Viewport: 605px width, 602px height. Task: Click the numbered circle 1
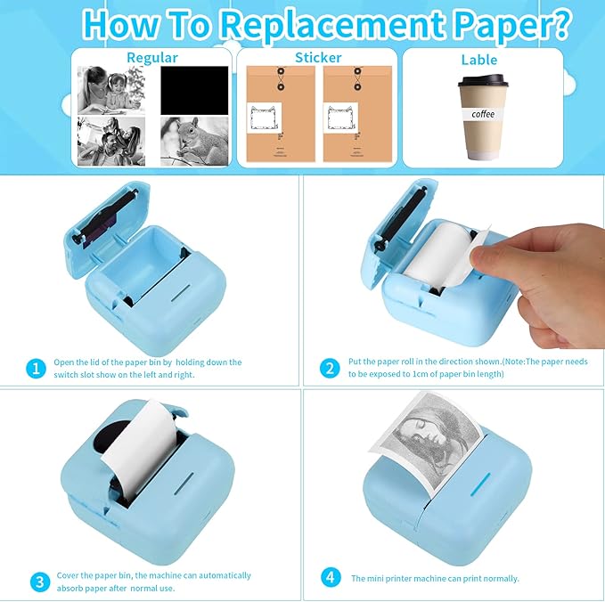(x=37, y=369)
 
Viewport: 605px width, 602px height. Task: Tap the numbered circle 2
(x=330, y=369)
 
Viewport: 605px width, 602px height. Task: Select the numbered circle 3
(x=38, y=582)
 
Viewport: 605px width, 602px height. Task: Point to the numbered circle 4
(x=331, y=578)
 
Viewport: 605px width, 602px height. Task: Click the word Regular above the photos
(x=151, y=58)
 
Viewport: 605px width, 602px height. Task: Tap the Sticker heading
(x=318, y=58)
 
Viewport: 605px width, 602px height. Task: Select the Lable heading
(x=479, y=61)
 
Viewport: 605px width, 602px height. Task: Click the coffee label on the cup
(x=483, y=114)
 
